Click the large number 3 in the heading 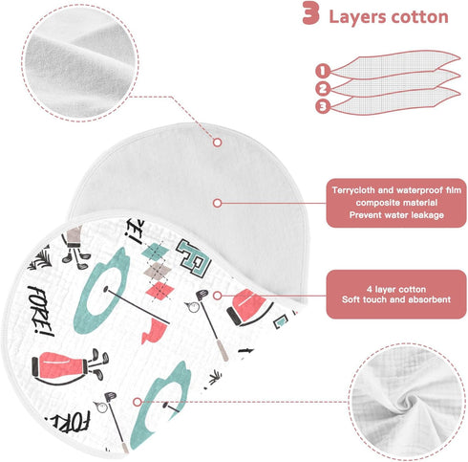(310, 13)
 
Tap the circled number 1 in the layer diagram (323, 71)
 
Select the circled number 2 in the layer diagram (323, 89)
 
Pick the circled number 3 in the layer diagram (323, 106)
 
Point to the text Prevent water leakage (396, 215)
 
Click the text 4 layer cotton (396, 289)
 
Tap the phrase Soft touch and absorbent (396, 299)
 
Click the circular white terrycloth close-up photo (80, 62)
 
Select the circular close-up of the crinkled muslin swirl (407, 403)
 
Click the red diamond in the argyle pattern (160, 290)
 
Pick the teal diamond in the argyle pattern (156, 252)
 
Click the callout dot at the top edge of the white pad (218, 143)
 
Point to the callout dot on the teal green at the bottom (138, 402)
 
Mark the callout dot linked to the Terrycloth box (217, 203)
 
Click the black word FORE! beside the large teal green (41, 311)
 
